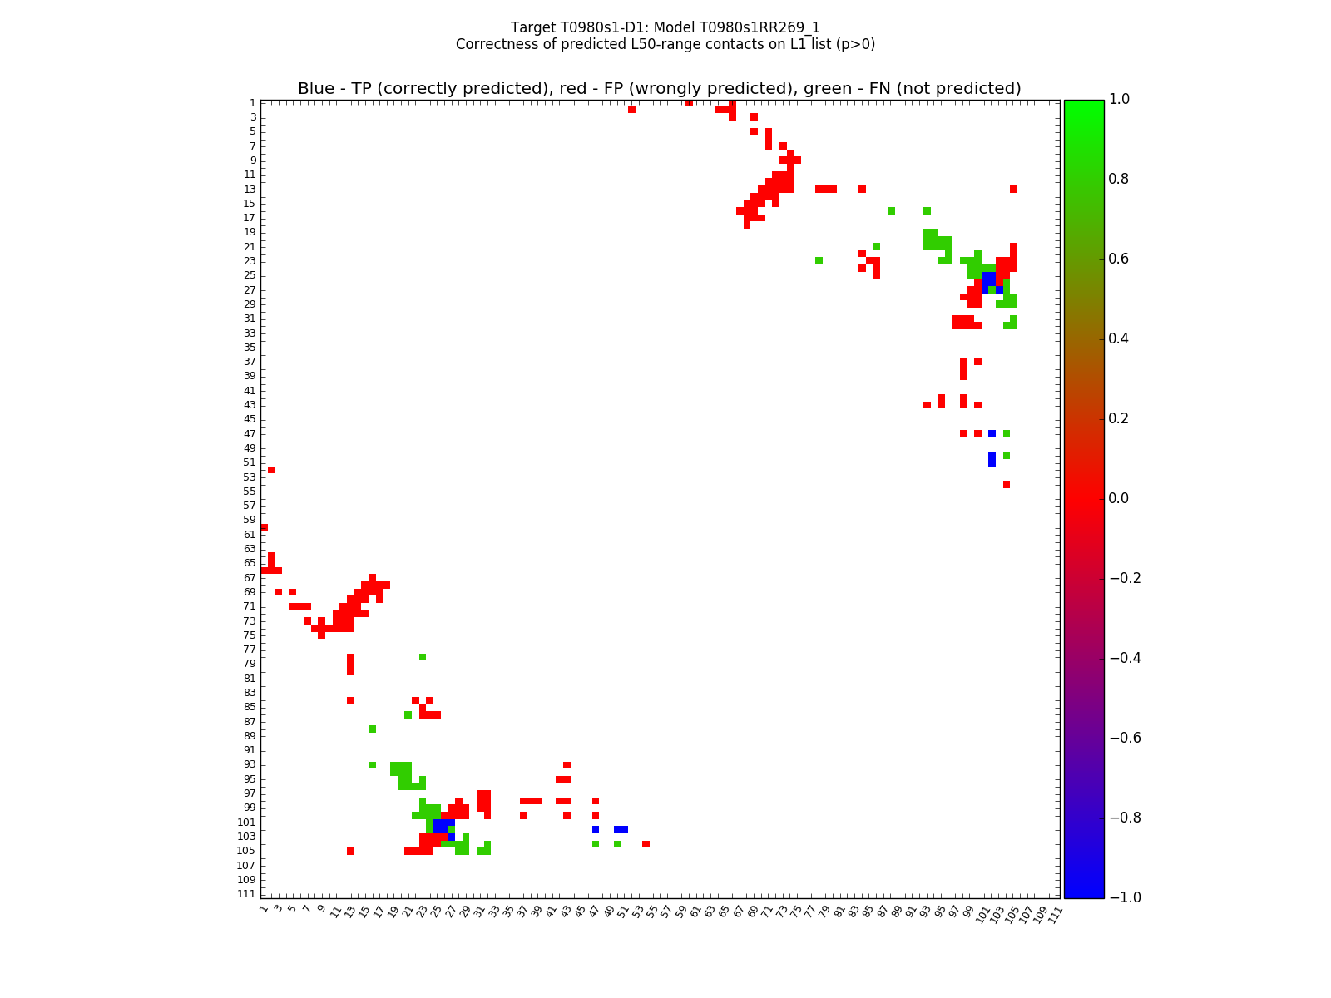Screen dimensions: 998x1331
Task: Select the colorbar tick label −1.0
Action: pyautogui.click(x=1124, y=897)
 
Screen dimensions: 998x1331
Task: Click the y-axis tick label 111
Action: pyautogui.click(x=246, y=894)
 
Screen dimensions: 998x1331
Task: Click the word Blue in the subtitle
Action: pyautogui.click(x=316, y=89)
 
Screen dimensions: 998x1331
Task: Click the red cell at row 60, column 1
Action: pyautogui.click(x=265, y=527)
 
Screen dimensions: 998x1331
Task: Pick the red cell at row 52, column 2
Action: pyautogui.click(x=271, y=470)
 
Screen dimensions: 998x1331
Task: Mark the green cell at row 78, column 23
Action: pyautogui.click(x=423, y=657)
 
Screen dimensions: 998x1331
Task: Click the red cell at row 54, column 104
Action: pyautogui.click(x=1007, y=484)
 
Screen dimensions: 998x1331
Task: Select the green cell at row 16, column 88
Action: pyautogui.click(x=891, y=210)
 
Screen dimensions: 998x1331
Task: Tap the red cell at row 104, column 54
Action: pyautogui.click(x=646, y=844)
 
